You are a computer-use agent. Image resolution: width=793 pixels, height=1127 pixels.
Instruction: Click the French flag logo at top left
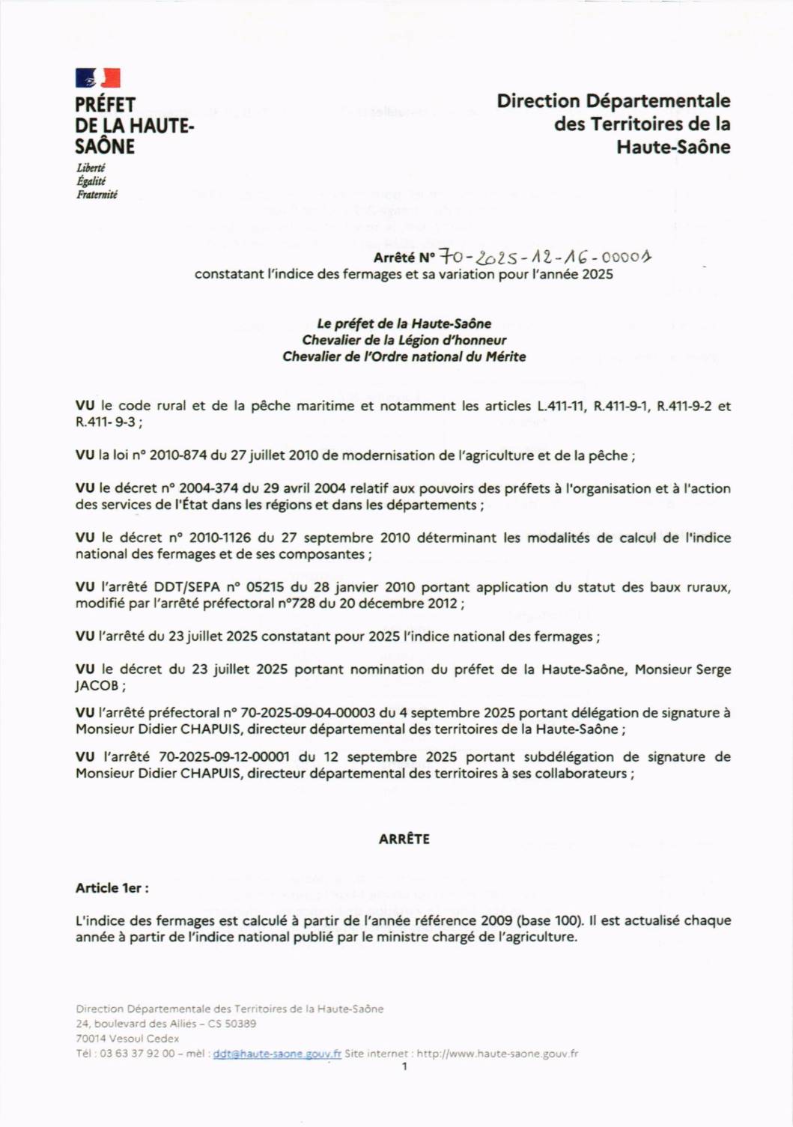pos(97,78)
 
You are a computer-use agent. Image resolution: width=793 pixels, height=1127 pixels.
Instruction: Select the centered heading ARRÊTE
pos(404,839)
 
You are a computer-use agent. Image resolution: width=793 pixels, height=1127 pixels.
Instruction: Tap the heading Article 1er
pos(112,888)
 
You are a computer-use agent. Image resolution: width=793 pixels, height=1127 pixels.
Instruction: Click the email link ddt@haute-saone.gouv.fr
pos(277,1054)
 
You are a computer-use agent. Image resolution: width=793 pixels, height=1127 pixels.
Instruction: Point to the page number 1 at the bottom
pos(404,1066)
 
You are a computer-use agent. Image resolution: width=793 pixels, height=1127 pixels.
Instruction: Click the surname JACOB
pos(97,686)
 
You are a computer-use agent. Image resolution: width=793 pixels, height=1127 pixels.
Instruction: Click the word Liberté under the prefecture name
pos(91,168)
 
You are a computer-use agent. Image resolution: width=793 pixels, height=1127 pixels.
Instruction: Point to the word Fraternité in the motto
pos(97,195)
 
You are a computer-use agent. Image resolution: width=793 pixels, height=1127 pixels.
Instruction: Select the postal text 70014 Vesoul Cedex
pos(127,1039)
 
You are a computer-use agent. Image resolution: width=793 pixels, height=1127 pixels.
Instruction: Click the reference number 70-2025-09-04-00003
pos(307,713)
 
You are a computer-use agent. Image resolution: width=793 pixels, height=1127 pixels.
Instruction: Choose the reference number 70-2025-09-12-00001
pos(223,757)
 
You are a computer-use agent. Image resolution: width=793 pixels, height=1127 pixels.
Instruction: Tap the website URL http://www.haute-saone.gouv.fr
pos(497,1054)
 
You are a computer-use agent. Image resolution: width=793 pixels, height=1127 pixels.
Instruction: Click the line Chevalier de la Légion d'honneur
pos(404,340)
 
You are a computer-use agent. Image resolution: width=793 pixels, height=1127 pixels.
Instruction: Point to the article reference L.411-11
pos(560,406)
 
